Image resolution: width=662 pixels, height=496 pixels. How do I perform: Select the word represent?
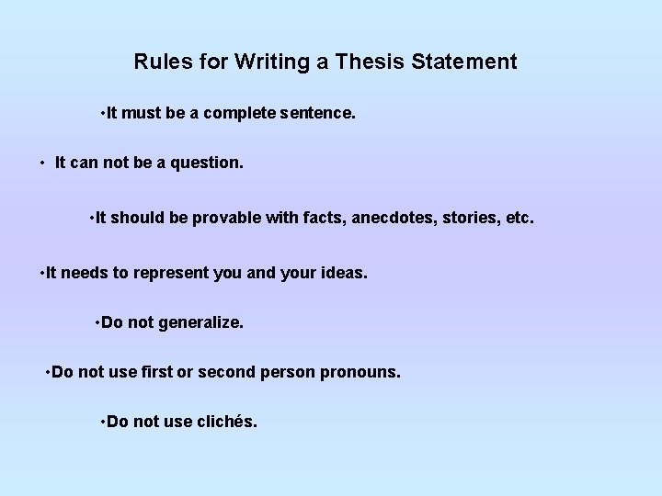172,273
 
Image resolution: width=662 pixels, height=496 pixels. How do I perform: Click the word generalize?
200,323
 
